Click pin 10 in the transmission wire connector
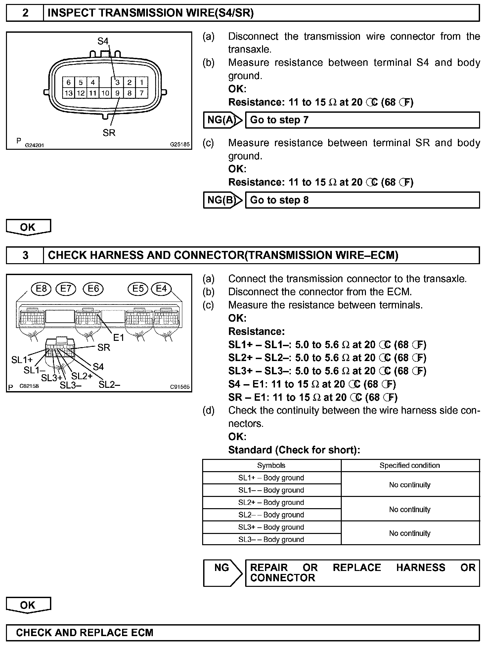[x=105, y=93]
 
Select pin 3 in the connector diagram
[x=117, y=82]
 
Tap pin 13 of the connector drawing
[x=68, y=93]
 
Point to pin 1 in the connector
[x=142, y=82]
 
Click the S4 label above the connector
[x=103, y=41]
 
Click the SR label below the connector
[x=109, y=133]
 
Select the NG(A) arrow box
[x=223, y=120]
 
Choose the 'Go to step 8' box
[x=362, y=200]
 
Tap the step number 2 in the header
[x=25, y=13]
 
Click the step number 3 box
[x=25, y=255]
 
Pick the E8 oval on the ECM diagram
[x=41, y=289]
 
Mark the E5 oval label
[x=138, y=289]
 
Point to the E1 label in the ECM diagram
[x=118, y=338]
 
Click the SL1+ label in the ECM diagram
[x=22, y=360]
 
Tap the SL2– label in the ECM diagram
[x=109, y=385]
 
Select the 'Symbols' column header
[x=271, y=466]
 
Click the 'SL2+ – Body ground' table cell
[x=271, y=503]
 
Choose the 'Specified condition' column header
[x=410, y=466]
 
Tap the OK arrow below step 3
[x=28, y=605]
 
